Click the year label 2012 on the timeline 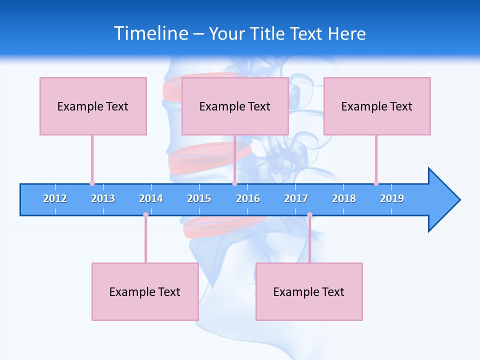click(x=55, y=198)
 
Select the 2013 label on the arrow click(x=103, y=198)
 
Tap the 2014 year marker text click(x=151, y=198)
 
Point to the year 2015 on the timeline click(x=199, y=198)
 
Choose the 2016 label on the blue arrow click(x=248, y=198)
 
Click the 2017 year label click(x=296, y=198)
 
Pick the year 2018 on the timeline click(x=344, y=198)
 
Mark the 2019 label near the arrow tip click(x=392, y=198)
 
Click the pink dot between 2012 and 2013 click(x=92, y=183)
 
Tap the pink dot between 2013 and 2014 click(x=145, y=215)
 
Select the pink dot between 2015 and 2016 click(x=234, y=183)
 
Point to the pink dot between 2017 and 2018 click(x=309, y=215)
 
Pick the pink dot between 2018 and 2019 click(x=376, y=183)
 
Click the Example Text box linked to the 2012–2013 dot click(x=93, y=106)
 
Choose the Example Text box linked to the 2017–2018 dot click(x=309, y=291)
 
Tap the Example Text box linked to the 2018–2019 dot click(x=377, y=106)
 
